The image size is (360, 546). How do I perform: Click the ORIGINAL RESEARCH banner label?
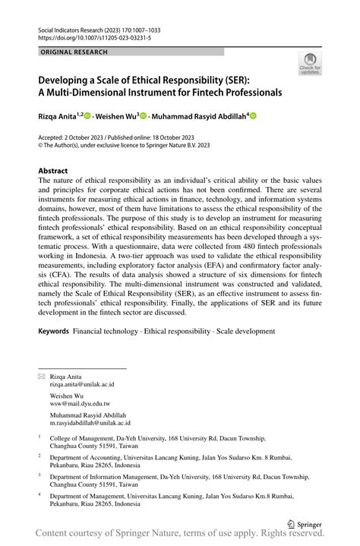point(74,52)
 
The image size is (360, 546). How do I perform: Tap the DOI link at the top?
point(92,37)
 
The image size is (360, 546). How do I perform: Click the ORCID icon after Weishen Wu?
point(144,116)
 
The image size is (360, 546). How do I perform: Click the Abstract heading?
point(53,171)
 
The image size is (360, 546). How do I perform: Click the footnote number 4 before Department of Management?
point(39,494)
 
